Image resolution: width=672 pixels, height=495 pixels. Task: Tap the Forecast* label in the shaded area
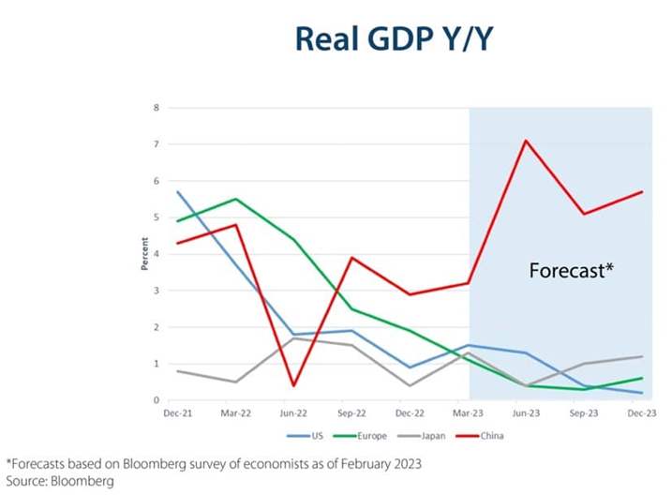point(571,271)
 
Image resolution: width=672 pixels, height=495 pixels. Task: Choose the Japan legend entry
point(423,436)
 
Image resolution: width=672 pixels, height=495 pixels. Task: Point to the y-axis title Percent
point(145,254)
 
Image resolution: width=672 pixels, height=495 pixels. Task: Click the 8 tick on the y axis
point(157,108)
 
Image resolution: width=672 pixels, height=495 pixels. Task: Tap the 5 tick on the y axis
point(157,217)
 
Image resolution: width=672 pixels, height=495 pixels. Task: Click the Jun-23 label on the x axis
point(526,413)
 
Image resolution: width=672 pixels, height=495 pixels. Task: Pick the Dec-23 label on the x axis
point(642,413)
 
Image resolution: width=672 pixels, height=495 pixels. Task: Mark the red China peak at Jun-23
point(526,141)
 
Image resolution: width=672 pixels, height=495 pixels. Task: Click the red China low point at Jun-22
point(293,385)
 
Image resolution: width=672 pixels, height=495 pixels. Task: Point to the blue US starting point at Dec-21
point(177,192)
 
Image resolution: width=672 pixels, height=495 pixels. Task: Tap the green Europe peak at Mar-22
point(235,199)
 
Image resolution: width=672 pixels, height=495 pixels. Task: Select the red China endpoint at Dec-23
point(642,192)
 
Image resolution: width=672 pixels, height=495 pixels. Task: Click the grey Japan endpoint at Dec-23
point(642,356)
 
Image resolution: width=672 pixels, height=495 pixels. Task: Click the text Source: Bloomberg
point(61,480)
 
